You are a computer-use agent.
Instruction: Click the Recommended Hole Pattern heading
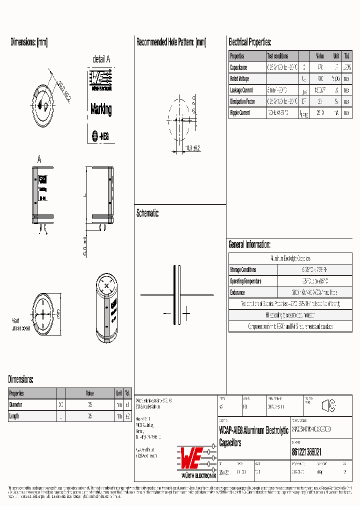coord(171,42)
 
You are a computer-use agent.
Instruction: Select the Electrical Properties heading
coord(249,42)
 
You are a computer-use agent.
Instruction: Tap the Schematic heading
coord(147,213)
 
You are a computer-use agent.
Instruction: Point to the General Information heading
coord(249,244)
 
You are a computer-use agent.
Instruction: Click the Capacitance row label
coord(238,67)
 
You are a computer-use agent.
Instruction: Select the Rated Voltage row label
coord(239,79)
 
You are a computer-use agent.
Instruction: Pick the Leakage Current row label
coord(241,90)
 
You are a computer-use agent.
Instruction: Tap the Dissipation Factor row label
coord(242,101)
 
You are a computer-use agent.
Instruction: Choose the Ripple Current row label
coord(240,113)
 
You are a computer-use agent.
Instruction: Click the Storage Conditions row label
coord(243,270)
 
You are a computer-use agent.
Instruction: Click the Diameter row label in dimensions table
coord(15,404)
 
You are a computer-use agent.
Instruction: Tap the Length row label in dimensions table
coord(14,416)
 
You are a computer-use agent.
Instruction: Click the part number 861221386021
coord(306,451)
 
